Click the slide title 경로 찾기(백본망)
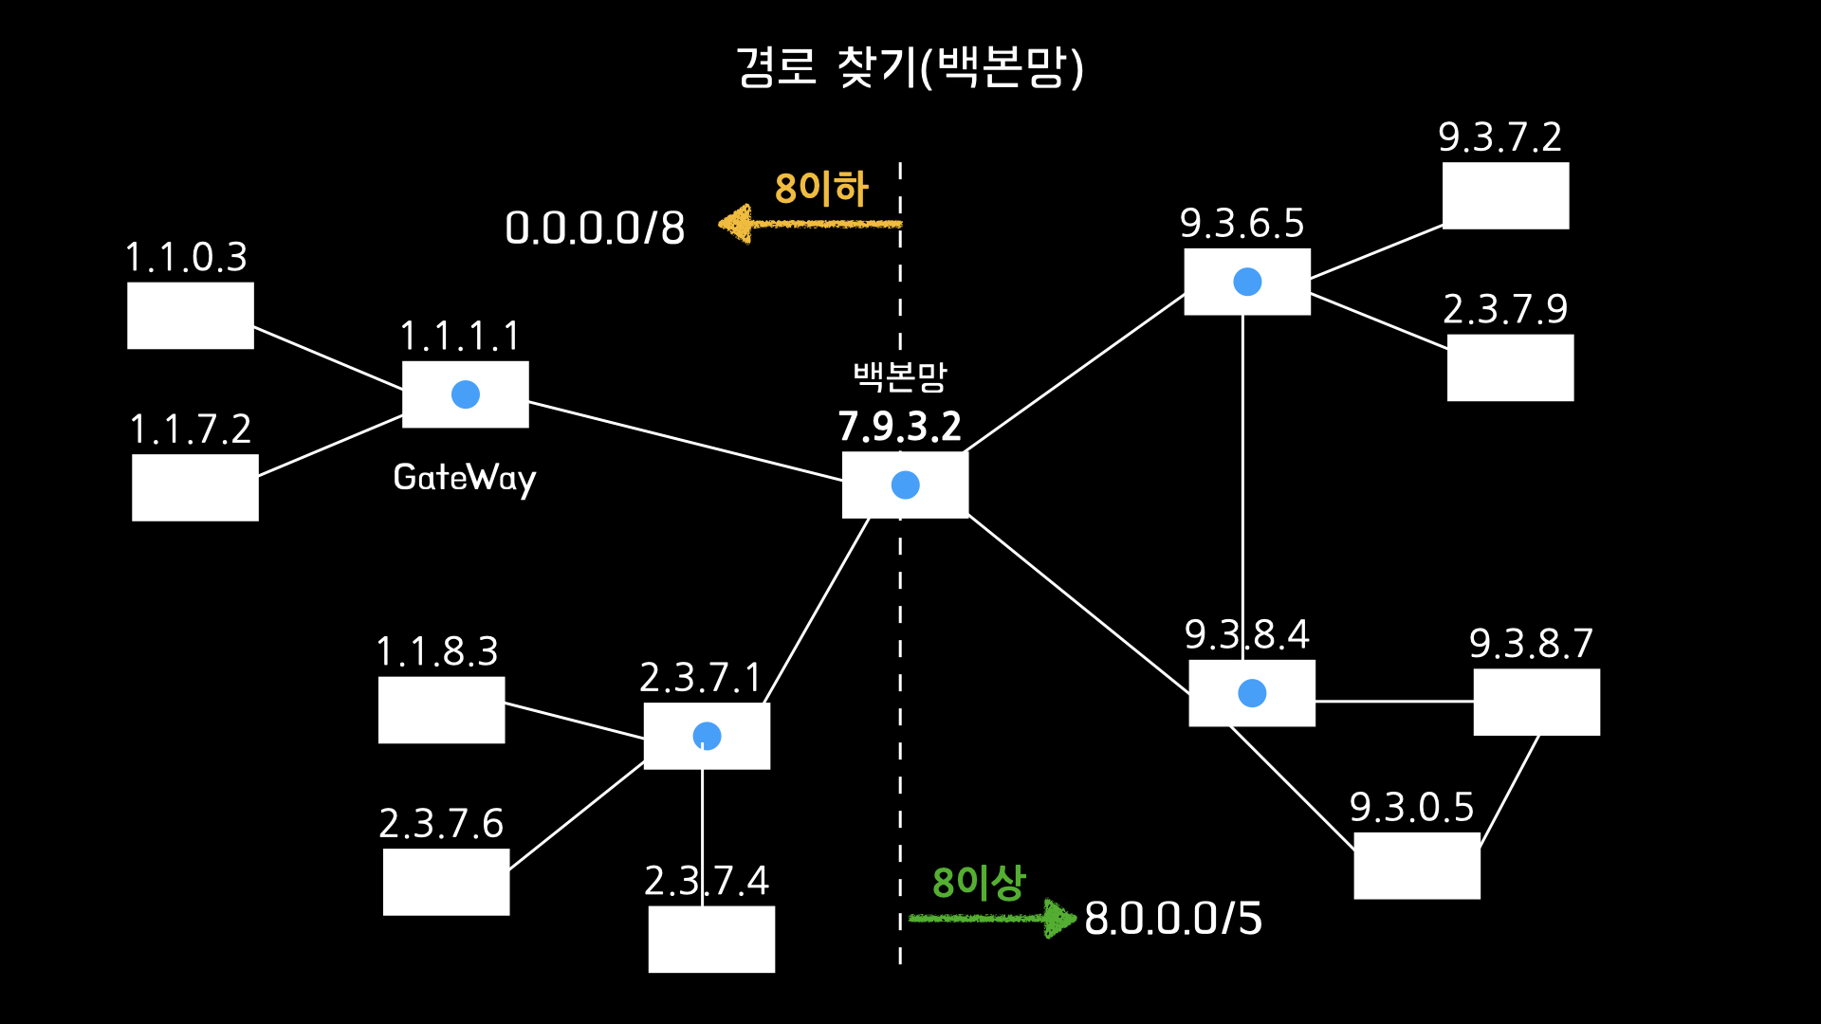[910, 66]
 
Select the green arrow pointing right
[991, 918]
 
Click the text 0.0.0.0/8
[595, 229]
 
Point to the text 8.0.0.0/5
[1173, 919]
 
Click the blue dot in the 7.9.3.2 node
[906, 485]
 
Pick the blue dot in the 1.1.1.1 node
[466, 394]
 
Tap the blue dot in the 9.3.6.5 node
[1247, 282]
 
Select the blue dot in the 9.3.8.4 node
[1252, 693]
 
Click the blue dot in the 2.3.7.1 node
[707, 736]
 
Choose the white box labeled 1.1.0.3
[191, 316]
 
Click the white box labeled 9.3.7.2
[1505, 195]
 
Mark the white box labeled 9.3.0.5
[1416, 866]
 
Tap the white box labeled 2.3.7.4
[711, 939]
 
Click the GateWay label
[465, 478]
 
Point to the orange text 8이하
[821, 189]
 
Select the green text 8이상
[979, 883]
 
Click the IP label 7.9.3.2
[899, 427]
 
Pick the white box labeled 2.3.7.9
[1510, 368]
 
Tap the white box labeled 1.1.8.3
[441, 710]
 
